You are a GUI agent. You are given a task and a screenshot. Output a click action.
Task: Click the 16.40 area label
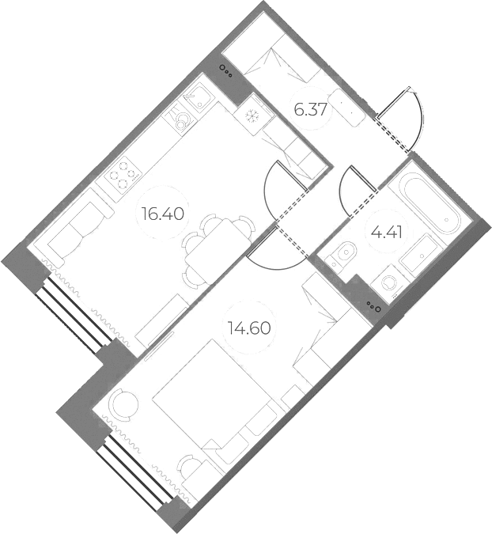(x=164, y=214)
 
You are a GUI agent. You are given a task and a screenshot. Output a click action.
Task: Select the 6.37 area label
(x=311, y=110)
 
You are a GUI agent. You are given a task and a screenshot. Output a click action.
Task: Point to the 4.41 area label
(x=387, y=233)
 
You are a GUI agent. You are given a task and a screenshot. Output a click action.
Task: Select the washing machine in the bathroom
(x=388, y=282)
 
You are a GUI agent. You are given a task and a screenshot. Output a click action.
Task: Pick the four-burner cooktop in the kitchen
(x=123, y=175)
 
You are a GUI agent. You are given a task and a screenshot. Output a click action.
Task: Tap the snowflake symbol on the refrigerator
(x=252, y=116)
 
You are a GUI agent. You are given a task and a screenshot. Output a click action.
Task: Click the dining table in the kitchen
(x=218, y=251)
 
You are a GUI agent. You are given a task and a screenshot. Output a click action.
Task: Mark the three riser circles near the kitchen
(x=226, y=71)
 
